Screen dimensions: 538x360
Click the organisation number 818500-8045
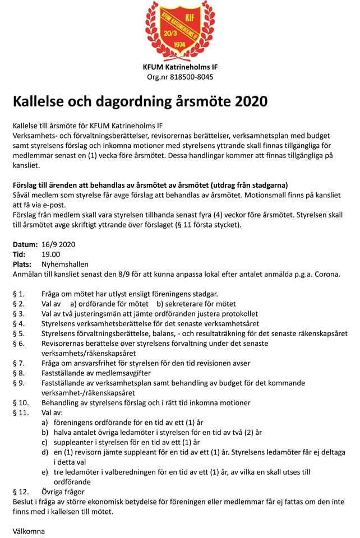tap(187, 77)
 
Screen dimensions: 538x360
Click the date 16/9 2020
tap(58, 244)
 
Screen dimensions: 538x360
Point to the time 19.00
tap(51, 254)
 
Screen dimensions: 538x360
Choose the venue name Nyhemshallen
tap(65, 264)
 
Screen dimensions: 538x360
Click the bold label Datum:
tap(25, 244)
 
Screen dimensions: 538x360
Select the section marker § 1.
tap(19, 294)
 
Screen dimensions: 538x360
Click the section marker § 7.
tap(19, 363)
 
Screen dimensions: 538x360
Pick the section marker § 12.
tap(20, 491)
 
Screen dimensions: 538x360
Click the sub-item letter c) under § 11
tap(45, 442)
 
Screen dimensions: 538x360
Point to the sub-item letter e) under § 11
tap(45, 472)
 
